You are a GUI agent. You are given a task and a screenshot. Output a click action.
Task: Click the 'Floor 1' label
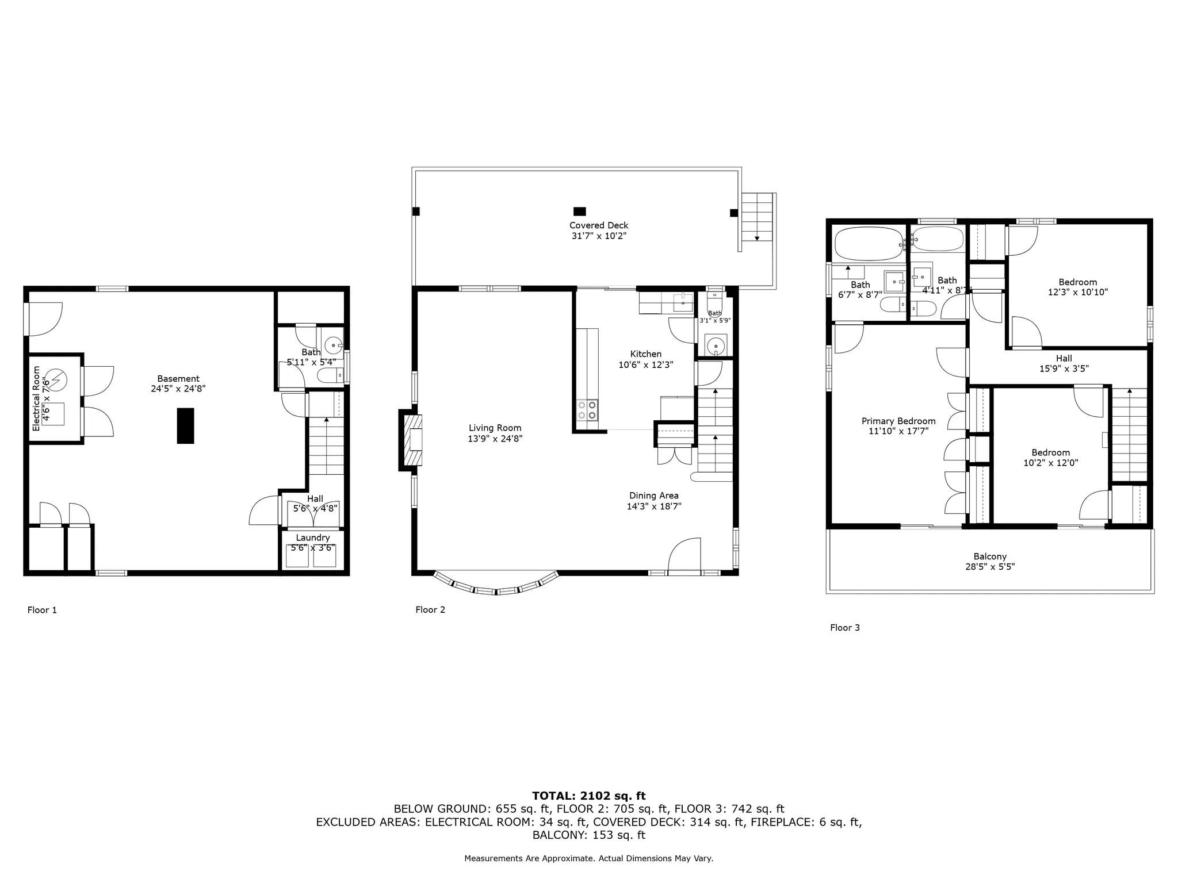point(42,610)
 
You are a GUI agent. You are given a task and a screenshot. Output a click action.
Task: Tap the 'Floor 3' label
point(844,628)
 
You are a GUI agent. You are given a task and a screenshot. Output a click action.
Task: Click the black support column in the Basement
point(185,425)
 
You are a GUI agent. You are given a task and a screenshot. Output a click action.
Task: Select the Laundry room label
point(313,538)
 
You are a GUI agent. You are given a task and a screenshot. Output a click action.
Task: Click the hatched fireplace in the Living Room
point(413,440)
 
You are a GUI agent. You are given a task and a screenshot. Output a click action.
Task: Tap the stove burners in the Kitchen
point(587,409)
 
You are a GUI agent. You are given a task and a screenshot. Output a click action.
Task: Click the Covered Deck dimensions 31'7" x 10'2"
point(599,236)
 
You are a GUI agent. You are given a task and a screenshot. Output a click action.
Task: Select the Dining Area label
point(653,496)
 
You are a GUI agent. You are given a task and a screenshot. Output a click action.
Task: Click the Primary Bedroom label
point(898,421)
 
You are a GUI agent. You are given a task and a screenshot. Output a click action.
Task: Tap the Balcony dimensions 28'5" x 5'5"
point(990,566)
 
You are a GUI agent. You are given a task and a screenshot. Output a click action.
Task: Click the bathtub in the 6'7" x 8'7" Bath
point(868,244)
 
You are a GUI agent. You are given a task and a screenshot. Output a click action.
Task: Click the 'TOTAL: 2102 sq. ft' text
point(588,796)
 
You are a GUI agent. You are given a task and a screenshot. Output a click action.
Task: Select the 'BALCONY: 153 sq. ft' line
point(588,835)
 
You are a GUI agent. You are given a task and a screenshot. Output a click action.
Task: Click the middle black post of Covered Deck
point(579,211)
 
